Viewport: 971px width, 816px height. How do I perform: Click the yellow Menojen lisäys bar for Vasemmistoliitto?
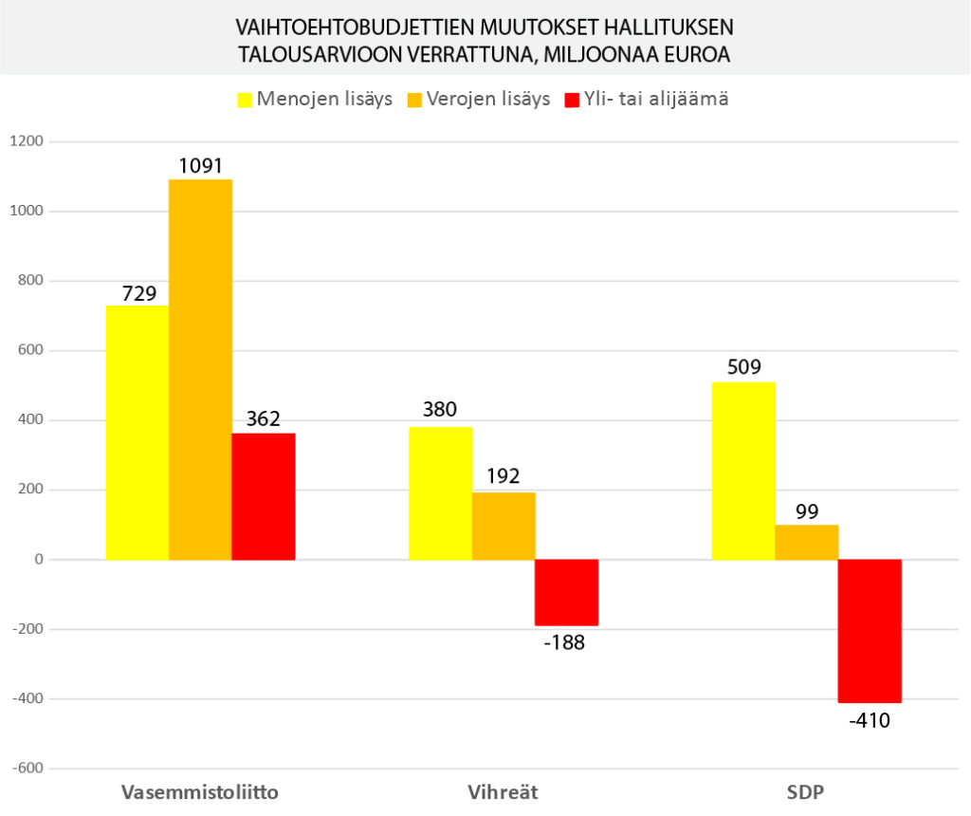tap(137, 432)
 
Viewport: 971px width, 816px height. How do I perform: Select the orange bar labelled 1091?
tap(200, 369)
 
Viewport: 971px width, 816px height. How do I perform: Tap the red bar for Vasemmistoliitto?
tap(264, 496)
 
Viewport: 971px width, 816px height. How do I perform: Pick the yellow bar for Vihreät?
tap(440, 492)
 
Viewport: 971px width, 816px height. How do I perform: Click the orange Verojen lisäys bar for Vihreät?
tap(504, 526)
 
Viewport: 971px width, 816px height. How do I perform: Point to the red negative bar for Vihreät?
tap(566, 592)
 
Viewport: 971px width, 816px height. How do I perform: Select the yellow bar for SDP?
tap(743, 471)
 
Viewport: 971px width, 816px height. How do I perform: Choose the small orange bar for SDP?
tap(807, 542)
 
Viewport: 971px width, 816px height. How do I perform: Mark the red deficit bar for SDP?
tap(870, 631)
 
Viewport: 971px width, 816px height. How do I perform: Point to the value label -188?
tap(566, 642)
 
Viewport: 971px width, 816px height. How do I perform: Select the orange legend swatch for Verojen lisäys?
tap(414, 100)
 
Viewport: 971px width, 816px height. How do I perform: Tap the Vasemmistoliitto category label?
tap(200, 792)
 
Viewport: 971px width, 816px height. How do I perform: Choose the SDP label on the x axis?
tap(807, 792)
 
